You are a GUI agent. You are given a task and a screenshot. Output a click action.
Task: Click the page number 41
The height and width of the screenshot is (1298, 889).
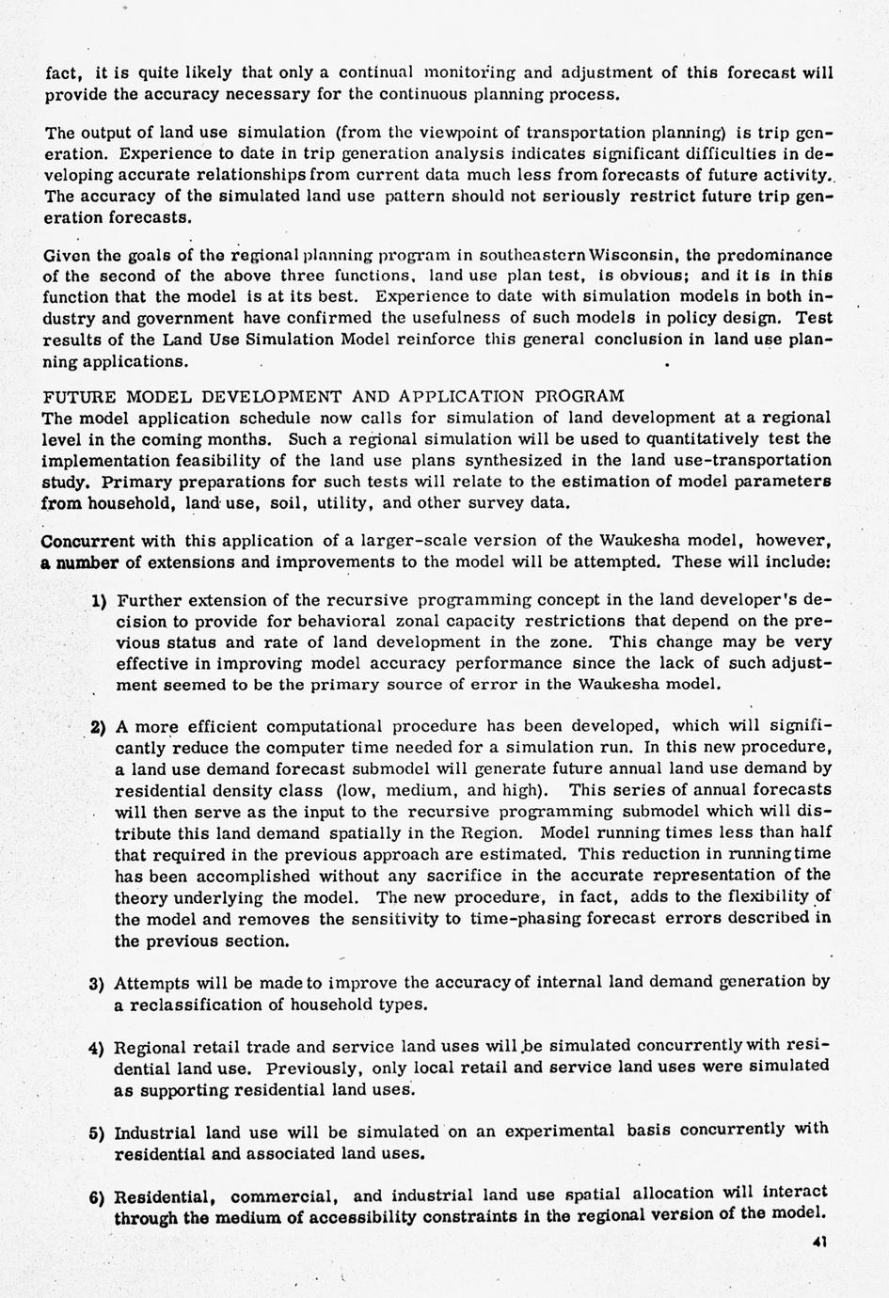[818, 1242]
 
